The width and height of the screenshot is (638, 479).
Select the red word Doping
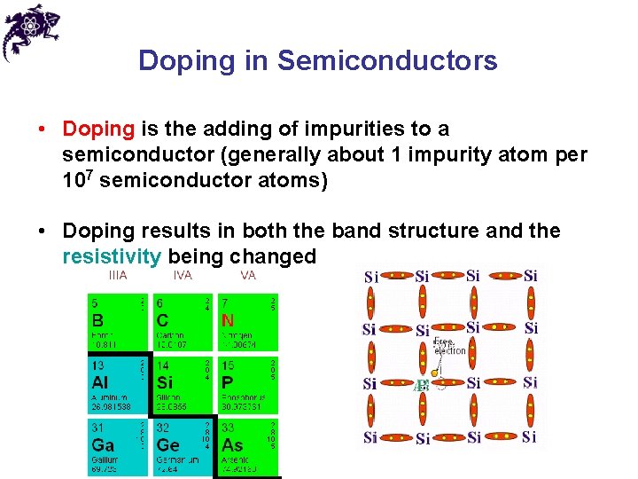pos(97,129)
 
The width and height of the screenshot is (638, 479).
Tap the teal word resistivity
pos(112,256)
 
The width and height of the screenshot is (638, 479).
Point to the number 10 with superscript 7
pos(74,180)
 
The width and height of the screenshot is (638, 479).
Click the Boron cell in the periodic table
pos(118,321)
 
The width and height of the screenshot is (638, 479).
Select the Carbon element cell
pos(183,321)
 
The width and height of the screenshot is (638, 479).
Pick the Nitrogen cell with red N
pos(247,321)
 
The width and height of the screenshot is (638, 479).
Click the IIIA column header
pos(118,276)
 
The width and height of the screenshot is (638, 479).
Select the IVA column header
pos(182,276)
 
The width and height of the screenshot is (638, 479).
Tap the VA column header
pos(247,276)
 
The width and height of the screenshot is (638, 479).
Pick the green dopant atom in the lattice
pos(423,385)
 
